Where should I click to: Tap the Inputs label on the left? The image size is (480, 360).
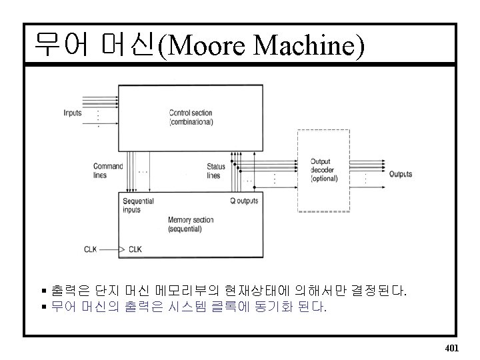pos(73,113)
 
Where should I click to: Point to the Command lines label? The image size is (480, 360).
pos(108,171)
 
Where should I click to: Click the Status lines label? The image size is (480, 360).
pos(216,171)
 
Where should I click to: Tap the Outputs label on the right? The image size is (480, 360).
pos(400,174)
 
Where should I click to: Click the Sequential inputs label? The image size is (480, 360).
pos(139,205)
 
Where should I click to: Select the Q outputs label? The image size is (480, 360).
pos(244,201)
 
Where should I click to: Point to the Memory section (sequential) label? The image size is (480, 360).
pos(191,224)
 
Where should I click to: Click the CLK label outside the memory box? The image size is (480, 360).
pos(91,250)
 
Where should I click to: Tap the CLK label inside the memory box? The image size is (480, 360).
pos(135,250)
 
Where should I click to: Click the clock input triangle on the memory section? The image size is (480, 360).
pos(121,250)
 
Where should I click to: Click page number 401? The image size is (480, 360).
pos(451,347)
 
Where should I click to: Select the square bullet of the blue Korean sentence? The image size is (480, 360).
pos(44,306)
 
